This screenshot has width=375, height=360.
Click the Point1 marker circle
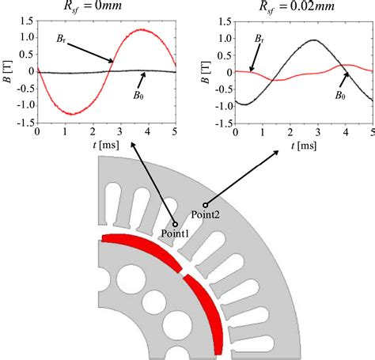click(175, 225)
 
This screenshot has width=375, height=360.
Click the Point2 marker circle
click(205, 205)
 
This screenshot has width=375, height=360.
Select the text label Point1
click(175, 233)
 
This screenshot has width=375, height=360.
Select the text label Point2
click(205, 214)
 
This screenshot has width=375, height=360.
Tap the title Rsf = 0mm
click(93, 6)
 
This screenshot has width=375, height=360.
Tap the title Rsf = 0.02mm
click(297, 6)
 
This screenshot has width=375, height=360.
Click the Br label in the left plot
click(61, 39)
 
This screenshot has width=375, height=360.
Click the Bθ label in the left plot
click(138, 95)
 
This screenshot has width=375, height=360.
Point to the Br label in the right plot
click(259, 39)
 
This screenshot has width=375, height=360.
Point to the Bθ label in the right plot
click(340, 95)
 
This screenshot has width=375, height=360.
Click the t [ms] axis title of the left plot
click(106, 145)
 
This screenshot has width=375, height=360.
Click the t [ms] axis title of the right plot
click(304, 146)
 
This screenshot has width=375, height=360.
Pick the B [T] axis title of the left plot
click(8, 72)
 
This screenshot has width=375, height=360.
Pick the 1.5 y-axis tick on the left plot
click(27, 21)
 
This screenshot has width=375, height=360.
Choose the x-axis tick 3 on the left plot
click(120, 131)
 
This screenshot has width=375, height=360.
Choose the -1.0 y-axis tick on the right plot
click(224, 106)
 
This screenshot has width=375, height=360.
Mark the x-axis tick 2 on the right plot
click(290, 132)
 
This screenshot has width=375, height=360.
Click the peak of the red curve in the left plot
click(142, 29)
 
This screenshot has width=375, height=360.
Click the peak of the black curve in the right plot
click(314, 40)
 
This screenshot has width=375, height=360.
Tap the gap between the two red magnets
click(183, 272)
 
